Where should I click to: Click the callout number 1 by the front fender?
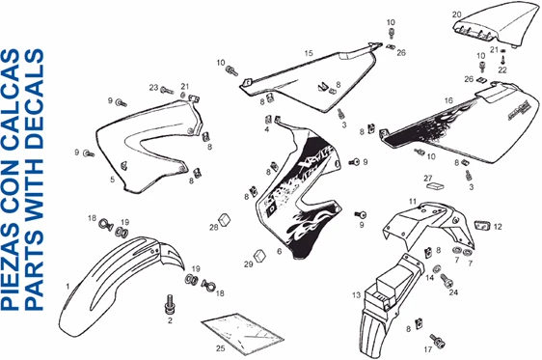click(67, 287)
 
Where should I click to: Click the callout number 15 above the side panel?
click(308, 53)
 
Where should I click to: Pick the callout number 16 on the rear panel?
click(448, 100)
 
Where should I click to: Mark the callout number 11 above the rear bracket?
click(412, 201)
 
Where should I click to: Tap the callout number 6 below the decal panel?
click(279, 252)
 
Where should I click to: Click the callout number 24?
click(453, 291)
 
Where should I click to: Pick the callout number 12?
click(498, 228)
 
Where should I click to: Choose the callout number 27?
click(427, 179)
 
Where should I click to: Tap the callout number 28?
click(214, 228)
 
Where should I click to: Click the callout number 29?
click(248, 263)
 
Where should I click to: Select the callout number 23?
click(152, 88)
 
